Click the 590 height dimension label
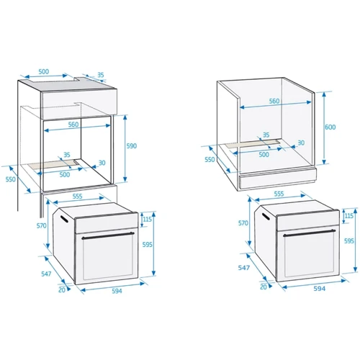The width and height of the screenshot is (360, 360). point(132,146)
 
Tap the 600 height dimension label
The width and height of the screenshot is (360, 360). point(330,127)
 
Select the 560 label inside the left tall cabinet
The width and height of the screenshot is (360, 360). point(73,125)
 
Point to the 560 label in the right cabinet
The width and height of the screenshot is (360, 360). point(274,101)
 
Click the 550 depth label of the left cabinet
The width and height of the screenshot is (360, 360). point(11,179)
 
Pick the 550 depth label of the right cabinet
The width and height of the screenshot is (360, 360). point(210,160)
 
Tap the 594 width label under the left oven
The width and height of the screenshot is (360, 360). point(117,291)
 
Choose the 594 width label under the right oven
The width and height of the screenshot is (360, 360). point(320,289)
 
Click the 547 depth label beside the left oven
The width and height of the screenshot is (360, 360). point(46,274)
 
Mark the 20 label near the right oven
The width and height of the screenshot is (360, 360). point(264,287)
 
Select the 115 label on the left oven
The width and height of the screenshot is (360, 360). point(148,219)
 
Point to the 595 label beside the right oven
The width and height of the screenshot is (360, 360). point(349,240)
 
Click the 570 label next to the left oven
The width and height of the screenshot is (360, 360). point(41,226)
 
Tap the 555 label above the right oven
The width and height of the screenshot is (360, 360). point(279,194)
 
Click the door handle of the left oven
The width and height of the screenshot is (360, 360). point(108,235)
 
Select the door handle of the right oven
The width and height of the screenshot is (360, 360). point(309,233)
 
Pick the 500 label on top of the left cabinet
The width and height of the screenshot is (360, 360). point(44,71)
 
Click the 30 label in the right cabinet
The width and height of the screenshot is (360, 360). point(301,143)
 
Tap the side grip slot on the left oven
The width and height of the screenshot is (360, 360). point(64,219)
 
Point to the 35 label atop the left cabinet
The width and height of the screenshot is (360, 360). point(101,75)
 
